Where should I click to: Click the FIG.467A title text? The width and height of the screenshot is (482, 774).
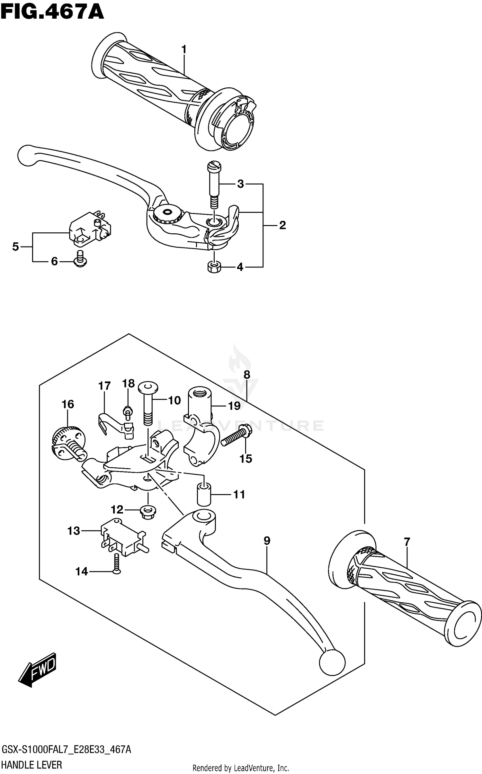(52, 12)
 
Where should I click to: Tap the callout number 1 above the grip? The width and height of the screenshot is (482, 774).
(184, 50)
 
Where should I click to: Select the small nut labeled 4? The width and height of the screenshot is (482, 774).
(214, 266)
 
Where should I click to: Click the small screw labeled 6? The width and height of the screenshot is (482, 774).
(80, 259)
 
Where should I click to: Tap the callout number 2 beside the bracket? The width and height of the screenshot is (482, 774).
(282, 225)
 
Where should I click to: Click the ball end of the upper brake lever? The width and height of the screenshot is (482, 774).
(27, 156)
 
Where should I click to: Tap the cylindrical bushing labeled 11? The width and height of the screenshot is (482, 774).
(203, 495)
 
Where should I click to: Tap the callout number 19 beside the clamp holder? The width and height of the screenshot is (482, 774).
(234, 406)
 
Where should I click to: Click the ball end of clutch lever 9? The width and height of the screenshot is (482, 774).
(332, 662)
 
